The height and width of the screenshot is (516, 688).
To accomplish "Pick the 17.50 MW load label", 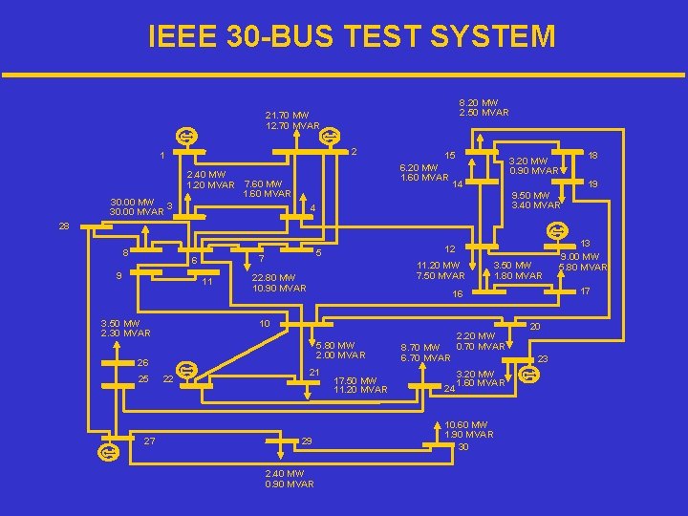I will coord(359,384).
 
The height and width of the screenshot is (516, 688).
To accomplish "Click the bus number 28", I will coord(63,226).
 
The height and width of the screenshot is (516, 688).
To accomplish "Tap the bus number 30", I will coord(463,447).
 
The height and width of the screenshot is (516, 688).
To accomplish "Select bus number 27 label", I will coord(148,440).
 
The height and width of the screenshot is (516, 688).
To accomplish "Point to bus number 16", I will coord(457,294).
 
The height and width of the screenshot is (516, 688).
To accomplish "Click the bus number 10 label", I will coord(265,323).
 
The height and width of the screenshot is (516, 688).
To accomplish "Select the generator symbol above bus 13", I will coord(554,229).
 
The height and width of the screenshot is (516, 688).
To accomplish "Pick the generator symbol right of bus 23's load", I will coord(531,375).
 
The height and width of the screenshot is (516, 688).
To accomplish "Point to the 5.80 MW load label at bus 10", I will coord(334,345).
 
